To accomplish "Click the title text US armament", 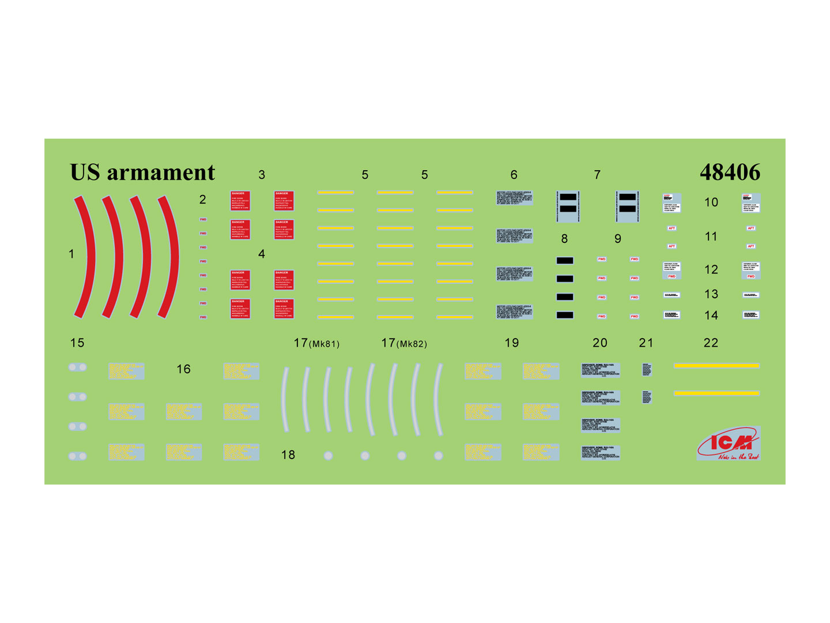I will (x=142, y=172).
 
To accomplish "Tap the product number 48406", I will (x=730, y=172).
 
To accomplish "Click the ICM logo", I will (x=729, y=444).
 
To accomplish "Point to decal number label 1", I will (x=71, y=254).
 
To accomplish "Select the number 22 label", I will (x=711, y=343).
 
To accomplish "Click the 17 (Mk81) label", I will (x=316, y=343).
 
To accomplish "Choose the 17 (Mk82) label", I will (x=403, y=343).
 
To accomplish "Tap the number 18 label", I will (x=288, y=455).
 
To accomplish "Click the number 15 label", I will (x=77, y=343).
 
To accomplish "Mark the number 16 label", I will (x=183, y=369).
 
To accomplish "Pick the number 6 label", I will (x=514, y=174).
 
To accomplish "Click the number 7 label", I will (x=597, y=174).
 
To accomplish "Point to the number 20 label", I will (x=599, y=343).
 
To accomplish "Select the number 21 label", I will (x=646, y=343).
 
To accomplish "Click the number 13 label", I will (x=711, y=294).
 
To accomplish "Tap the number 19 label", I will (x=511, y=343).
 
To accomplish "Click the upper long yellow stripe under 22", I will (x=716, y=366).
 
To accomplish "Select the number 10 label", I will (x=711, y=202).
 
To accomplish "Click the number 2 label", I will (x=202, y=199).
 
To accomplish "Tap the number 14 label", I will (x=711, y=315).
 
